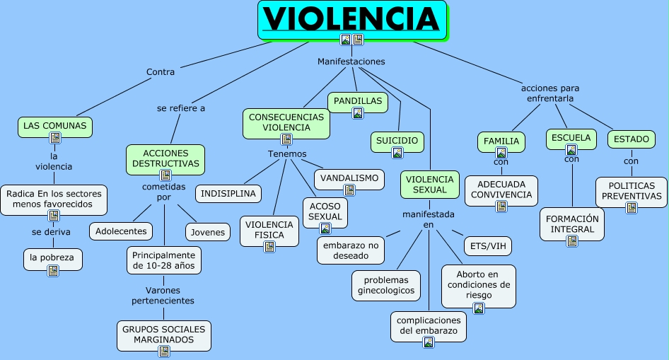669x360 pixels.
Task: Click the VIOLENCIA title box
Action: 352,19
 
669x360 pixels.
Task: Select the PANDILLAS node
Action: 357,101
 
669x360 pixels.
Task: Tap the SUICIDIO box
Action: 397,140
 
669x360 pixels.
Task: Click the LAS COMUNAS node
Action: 55,126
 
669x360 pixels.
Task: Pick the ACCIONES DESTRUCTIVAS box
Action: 165,158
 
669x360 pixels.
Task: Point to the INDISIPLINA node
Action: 228,193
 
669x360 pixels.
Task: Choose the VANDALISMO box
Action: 349,178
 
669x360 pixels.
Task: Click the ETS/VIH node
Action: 487,246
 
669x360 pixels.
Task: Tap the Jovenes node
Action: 208,231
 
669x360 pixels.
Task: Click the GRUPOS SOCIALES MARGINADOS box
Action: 164,335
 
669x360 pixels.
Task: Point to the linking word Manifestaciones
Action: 351,62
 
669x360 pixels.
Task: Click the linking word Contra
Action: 161,71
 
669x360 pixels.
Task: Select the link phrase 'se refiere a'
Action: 181,108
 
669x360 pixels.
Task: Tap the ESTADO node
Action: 631,139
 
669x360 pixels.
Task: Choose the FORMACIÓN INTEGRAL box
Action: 572,224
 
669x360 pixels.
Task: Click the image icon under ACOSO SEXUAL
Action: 325,228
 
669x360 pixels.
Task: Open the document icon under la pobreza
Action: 53,271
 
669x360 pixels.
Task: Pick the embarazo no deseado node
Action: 351,250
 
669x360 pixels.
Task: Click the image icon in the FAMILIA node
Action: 501,152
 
